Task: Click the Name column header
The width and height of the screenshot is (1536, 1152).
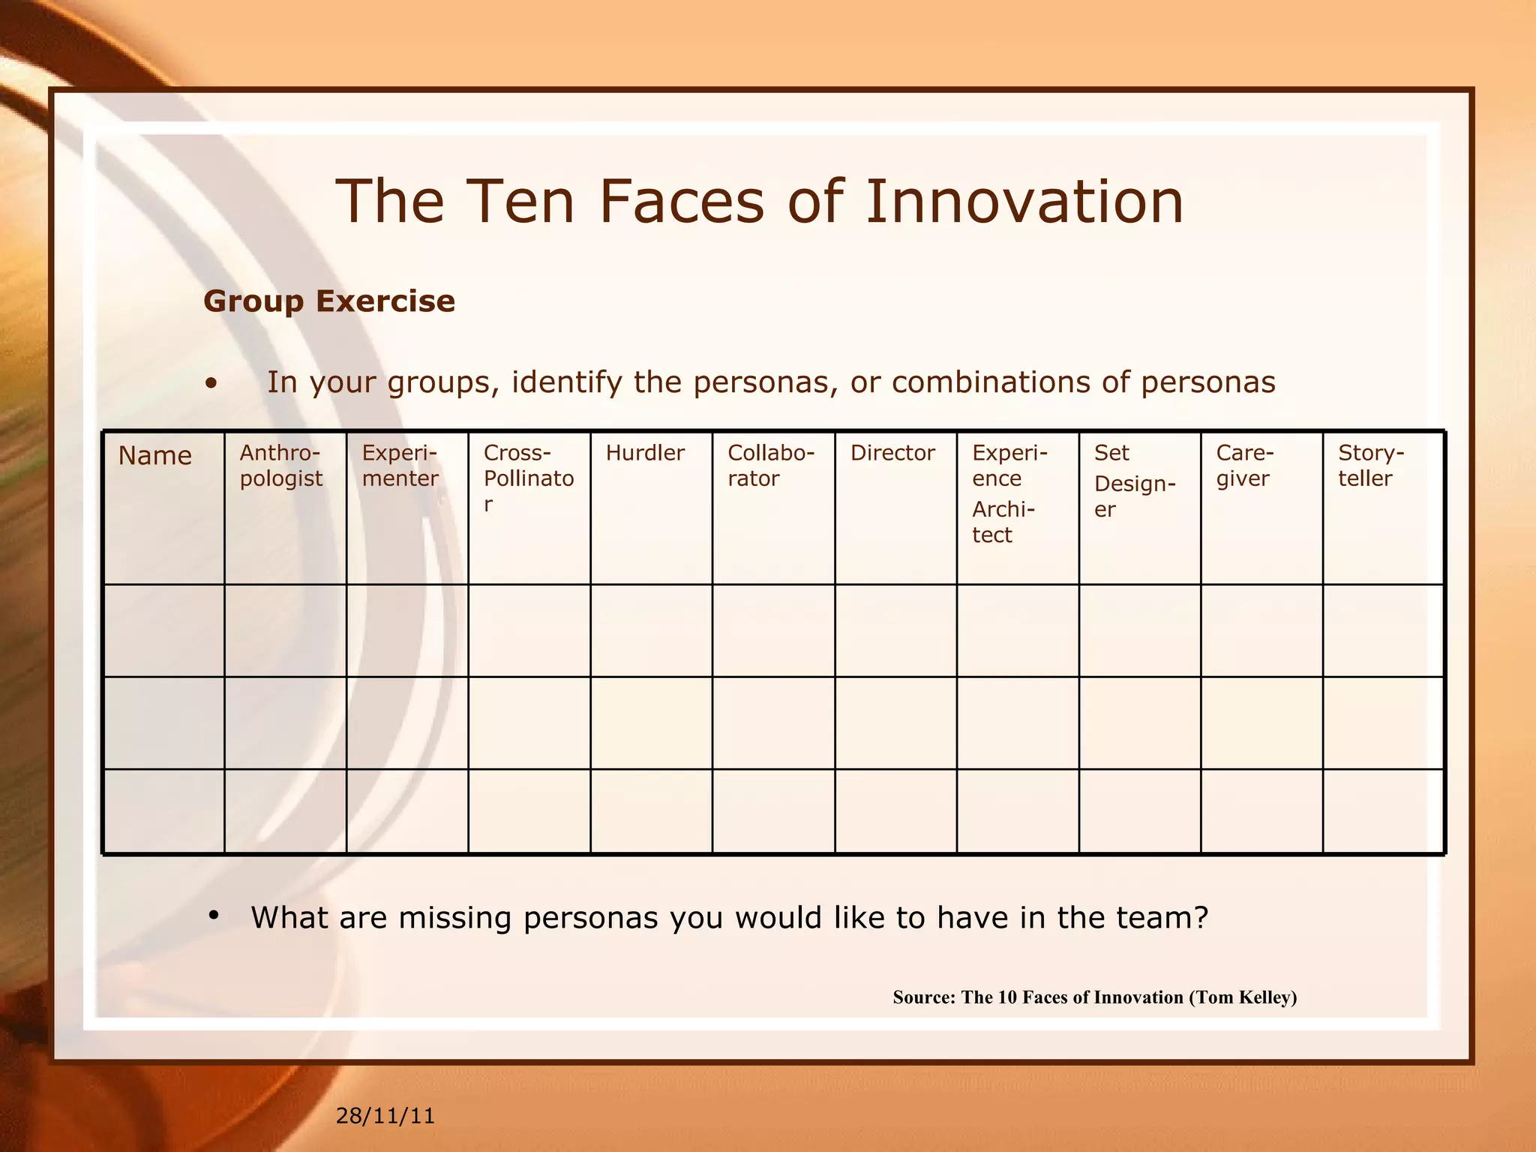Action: click(x=154, y=456)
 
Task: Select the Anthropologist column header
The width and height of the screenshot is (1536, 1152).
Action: click(x=280, y=466)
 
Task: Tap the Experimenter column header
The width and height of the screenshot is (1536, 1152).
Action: click(x=400, y=466)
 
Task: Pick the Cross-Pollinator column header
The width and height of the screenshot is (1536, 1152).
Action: click(x=528, y=478)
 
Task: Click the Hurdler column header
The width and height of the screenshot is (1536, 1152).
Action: click(x=645, y=453)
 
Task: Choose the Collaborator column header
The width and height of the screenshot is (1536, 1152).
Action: click(x=770, y=466)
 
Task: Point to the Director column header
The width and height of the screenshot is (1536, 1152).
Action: click(x=892, y=453)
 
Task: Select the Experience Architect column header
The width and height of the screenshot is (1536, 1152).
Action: click(x=1009, y=493)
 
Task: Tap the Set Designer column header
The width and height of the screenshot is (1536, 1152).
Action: click(x=1134, y=481)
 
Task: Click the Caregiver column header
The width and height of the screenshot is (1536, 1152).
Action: click(x=1244, y=466)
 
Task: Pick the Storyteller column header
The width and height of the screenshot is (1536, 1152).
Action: click(x=1370, y=466)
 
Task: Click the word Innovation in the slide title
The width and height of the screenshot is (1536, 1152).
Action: click(x=1024, y=202)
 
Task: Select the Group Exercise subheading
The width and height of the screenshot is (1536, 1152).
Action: click(x=329, y=301)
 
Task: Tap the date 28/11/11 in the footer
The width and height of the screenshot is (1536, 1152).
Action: click(x=385, y=1116)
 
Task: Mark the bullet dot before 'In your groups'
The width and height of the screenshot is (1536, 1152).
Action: click(x=212, y=383)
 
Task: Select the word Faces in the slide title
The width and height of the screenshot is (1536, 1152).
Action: click(x=681, y=202)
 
